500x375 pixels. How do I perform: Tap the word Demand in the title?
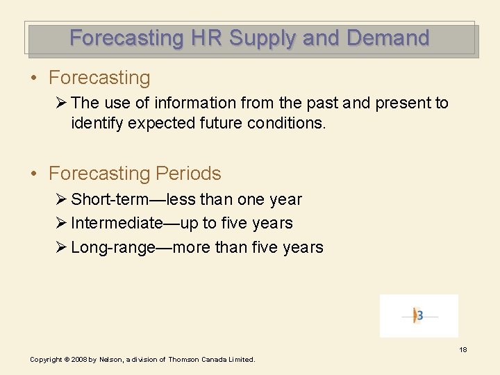(x=388, y=37)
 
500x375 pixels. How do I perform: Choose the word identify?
(x=97, y=124)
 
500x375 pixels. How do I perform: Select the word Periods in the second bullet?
(x=188, y=173)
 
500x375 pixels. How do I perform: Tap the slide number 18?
(x=462, y=349)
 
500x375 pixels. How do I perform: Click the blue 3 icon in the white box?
(x=419, y=315)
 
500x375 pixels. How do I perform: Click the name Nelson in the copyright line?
(x=109, y=360)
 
